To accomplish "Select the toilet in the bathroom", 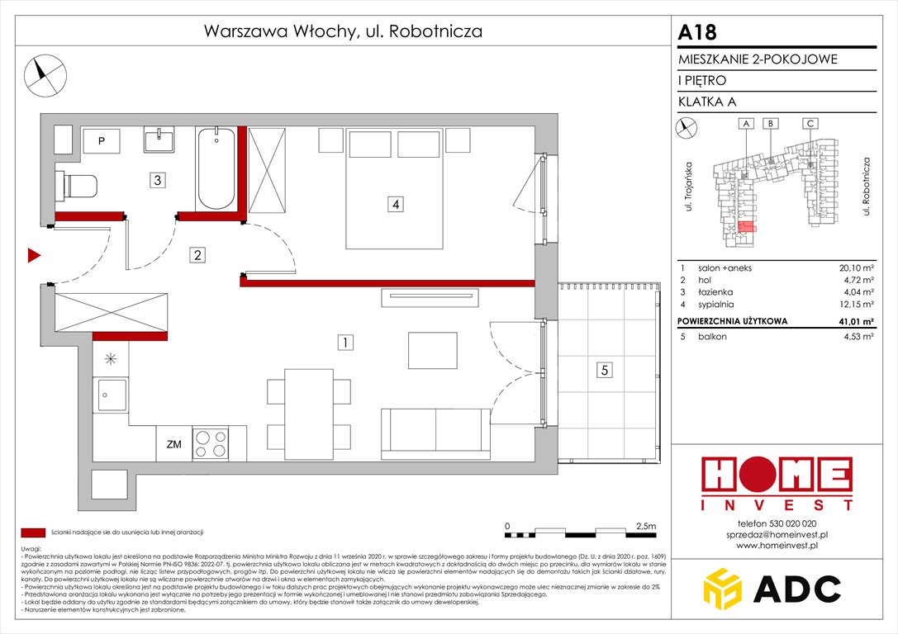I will (76, 186).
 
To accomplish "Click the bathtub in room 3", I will (216, 168).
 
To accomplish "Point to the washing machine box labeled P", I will (102, 141).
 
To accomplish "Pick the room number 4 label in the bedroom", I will (397, 205).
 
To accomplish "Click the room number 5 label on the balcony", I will (606, 371).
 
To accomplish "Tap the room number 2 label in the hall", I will (197, 255).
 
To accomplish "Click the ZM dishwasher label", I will (173, 445).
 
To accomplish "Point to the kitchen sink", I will (111, 395).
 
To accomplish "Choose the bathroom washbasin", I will (159, 140).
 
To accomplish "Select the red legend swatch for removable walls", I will (33, 532).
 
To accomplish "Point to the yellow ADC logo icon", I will (727, 589).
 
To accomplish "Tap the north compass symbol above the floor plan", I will (43, 73).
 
